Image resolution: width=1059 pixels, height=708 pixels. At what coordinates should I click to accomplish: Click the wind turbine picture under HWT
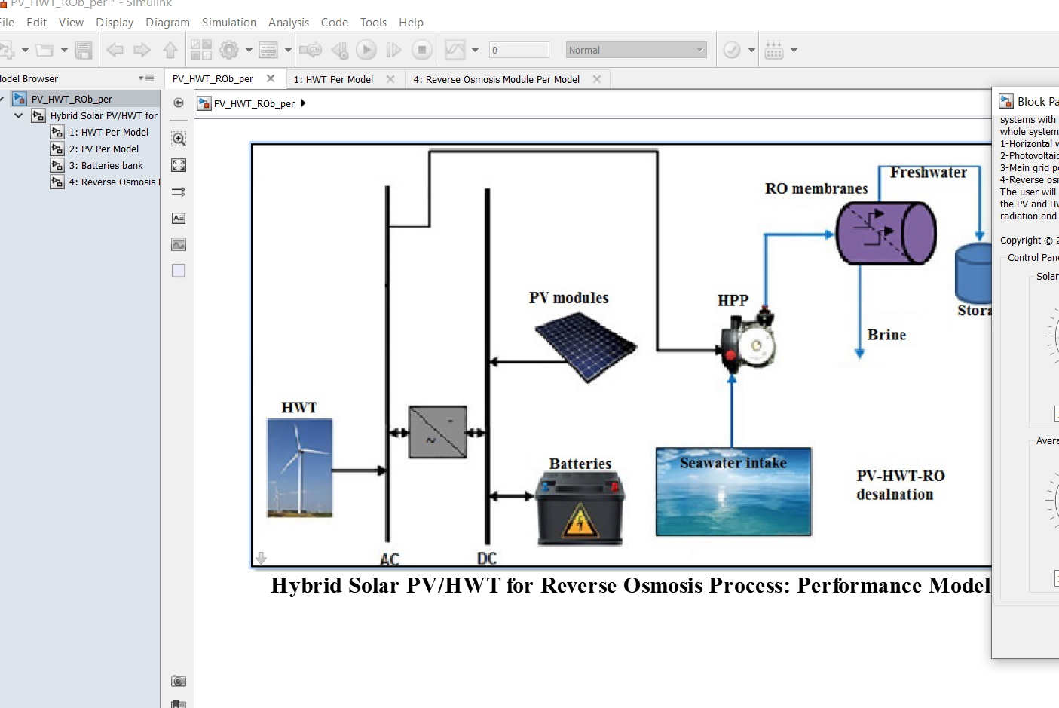pyautogui.click(x=299, y=468)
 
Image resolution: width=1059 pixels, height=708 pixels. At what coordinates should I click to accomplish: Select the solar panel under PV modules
pyautogui.click(x=585, y=348)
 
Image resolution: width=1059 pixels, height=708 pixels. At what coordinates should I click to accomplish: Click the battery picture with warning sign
pyautogui.click(x=580, y=508)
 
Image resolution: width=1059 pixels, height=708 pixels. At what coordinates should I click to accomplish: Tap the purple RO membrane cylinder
pyautogui.click(x=886, y=233)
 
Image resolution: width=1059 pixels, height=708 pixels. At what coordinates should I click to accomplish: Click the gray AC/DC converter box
pyautogui.click(x=437, y=433)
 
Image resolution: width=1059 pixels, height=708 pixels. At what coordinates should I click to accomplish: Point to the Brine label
pyautogui.click(x=886, y=335)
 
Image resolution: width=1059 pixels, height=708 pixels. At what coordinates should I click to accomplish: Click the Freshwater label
pyautogui.click(x=928, y=173)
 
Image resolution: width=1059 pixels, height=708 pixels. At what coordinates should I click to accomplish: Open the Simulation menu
pyautogui.click(x=228, y=23)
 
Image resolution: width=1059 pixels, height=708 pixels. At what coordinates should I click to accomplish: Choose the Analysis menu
pyautogui.click(x=289, y=23)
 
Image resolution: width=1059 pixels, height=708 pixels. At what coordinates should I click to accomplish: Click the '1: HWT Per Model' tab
pyautogui.click(x=333, y=79)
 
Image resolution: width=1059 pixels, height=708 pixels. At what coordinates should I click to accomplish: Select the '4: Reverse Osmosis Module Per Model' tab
pyautogui.click(x=496, y=79)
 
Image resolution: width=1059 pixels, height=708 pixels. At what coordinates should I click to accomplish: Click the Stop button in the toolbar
pyautogui.click(x=422, y=51)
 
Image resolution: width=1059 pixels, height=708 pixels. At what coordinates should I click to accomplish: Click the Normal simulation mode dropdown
pyautogui.click(x=636, y=51)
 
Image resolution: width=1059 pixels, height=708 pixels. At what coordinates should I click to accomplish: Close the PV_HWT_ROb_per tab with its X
pyautogui.click(x=271, y=78)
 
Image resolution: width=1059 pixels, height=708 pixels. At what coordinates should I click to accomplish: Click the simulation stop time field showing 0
pyautogui.click(x=519, y=51)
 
